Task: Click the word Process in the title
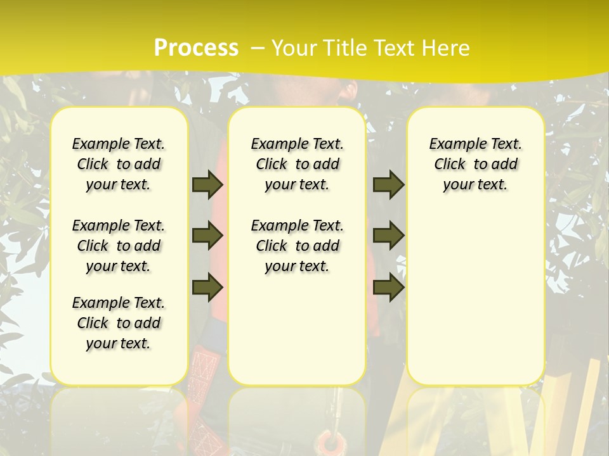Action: click(196, 47)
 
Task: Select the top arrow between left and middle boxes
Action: click(207, 184)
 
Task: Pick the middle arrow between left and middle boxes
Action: click(207, 236)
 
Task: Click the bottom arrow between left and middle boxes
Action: click(207, 287)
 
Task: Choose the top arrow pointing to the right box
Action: click(388, 184)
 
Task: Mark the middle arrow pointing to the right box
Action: click(388, 236)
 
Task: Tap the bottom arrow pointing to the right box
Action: click(388, 287)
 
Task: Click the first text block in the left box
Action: click(119, 164)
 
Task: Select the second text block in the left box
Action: click(119, 246)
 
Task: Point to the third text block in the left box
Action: click(119, 323)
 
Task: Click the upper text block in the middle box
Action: click(297, 164)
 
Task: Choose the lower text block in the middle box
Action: click(297, 246)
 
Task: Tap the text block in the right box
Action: click(475, 164)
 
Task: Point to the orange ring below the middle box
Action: click(331, 442)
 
